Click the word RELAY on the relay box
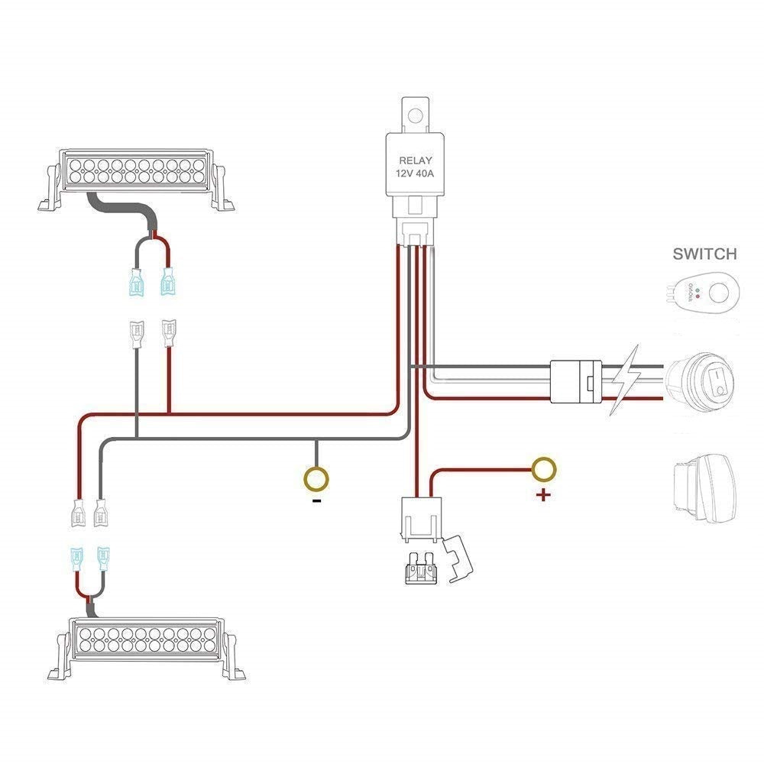coord(415,160)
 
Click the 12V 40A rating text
coord(415,174)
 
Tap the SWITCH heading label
coord(704,254)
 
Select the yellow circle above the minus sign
coord(316,479)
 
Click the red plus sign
coord(543,495)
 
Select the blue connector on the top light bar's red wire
coord(167,283)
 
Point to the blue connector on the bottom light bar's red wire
coord(76,560)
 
